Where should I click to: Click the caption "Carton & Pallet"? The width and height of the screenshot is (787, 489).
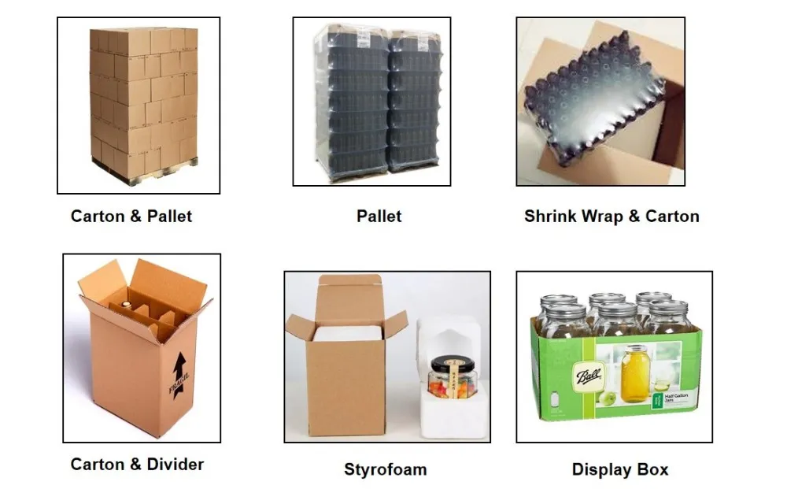pyautogui.click(x=131, y=216)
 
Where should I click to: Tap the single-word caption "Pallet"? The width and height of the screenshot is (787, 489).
pyautogui.click(x=379, y=216)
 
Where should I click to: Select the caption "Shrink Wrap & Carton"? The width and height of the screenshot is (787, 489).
pyautogui.click(x=611, y=216)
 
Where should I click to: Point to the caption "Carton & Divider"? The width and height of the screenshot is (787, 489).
pyautogui.click(x=137, y=464)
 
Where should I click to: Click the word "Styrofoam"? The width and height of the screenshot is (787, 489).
pyautogui.click(x=385, y=470)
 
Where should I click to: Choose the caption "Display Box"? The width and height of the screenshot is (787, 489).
pyautogui.click(x=619, y=470)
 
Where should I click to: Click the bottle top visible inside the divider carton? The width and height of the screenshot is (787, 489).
pyautogui.click(x=124, y=300)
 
